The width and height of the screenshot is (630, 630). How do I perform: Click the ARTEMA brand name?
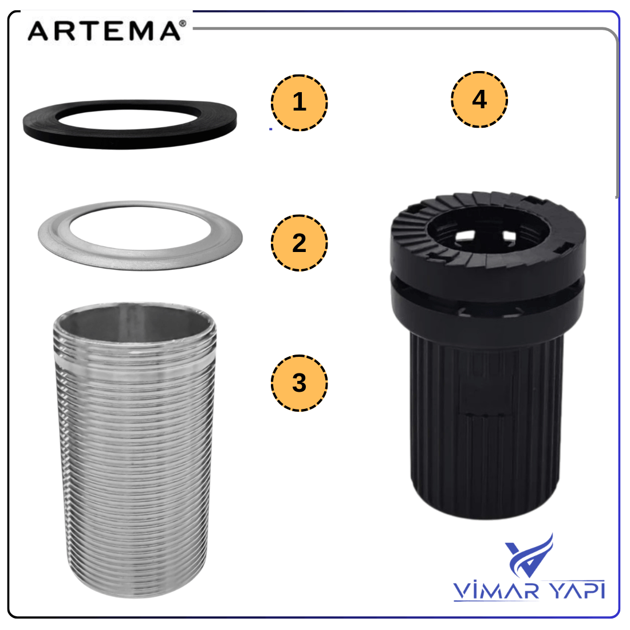pos(104,31)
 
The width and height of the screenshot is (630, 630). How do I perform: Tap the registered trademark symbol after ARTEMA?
pos(183,23)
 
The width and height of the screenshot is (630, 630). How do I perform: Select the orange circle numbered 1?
pos(300,103)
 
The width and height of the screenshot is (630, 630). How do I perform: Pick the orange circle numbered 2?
pos(300,243)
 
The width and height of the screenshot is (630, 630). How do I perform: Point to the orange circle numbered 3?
pos(300,383)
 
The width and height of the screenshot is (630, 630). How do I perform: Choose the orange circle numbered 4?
pos(479,99)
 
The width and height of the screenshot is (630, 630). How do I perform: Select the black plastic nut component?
pos(487,355)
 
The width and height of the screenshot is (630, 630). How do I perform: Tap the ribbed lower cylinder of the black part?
pos(485,426)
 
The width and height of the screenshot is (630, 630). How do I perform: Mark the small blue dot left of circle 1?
pos(271,129)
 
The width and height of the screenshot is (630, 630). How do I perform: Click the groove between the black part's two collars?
pos(487,281)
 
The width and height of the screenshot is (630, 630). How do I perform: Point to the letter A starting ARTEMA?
pos(38,31)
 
